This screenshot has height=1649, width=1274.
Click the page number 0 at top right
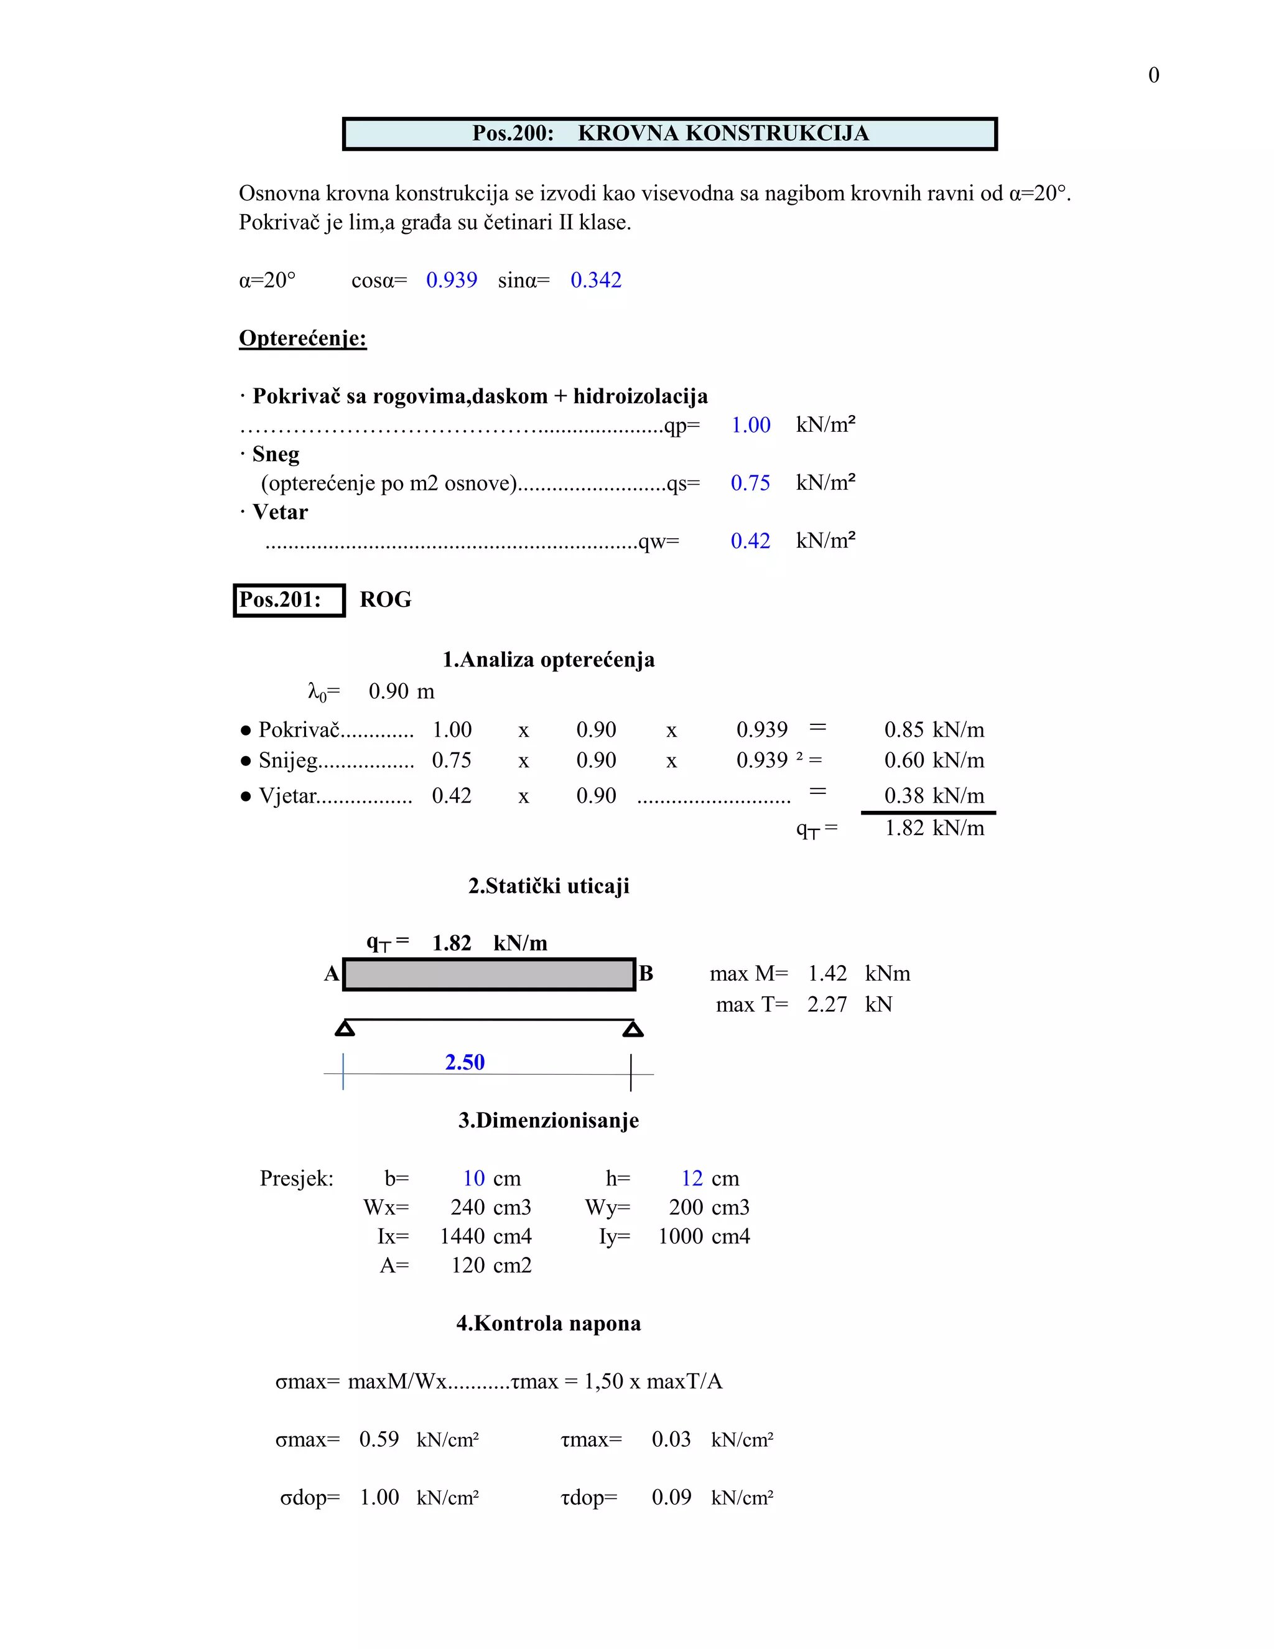click(1153, 75)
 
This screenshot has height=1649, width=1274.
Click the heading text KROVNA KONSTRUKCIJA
click(723, 134)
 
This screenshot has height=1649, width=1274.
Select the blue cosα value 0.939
click(452, 280)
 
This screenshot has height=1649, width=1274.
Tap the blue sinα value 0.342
click(595, 280)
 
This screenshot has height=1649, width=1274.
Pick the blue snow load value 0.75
click(750, 483)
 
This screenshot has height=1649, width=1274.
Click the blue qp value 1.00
click(751, 425)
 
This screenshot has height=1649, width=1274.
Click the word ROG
click(385, 600)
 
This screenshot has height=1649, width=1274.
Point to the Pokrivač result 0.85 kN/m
click(934, 730)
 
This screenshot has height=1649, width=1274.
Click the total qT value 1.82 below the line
click(904, 828)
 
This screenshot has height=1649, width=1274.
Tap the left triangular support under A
click(345, 1029)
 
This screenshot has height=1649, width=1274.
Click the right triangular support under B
click(633, 1029)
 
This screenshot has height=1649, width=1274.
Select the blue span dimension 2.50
click(464, 1062)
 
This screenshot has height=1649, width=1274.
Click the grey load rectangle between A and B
click(488, 974)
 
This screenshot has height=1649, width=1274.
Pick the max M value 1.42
click(827, 974)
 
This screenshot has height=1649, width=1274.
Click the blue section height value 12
click(691, 1179)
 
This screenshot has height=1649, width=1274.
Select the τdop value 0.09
click(671, 1497)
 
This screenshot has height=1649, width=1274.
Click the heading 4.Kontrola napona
click(548, 1324)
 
